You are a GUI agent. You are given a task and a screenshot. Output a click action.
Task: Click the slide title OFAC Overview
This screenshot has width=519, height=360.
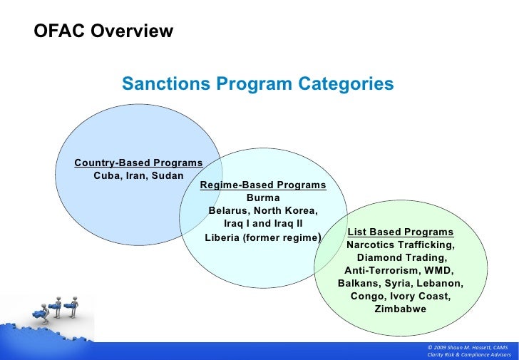[x=103, y=31]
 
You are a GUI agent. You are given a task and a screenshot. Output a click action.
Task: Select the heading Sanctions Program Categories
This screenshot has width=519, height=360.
[x=257, y=84]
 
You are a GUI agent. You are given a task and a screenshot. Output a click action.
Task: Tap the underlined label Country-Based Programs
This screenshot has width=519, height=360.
[x=138, y=163]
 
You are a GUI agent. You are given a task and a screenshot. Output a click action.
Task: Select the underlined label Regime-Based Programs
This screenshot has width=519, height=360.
[x=263, y=185]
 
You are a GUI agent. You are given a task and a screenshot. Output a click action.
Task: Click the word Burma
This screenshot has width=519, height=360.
[x=263, y=198]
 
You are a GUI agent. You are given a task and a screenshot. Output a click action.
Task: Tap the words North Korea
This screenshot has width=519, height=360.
[x=290, y=212]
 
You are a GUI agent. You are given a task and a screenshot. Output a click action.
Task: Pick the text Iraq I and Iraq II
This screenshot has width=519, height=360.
[x=263, y=224]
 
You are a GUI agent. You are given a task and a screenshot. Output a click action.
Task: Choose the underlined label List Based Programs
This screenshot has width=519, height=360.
[x=400, y=232]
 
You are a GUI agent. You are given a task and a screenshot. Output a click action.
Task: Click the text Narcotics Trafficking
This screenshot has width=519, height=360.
[x=400, y=245]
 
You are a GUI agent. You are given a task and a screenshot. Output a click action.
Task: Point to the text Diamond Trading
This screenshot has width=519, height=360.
[x=401, y=258]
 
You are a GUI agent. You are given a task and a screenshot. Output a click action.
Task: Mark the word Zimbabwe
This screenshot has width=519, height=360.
[x=400, y=309]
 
